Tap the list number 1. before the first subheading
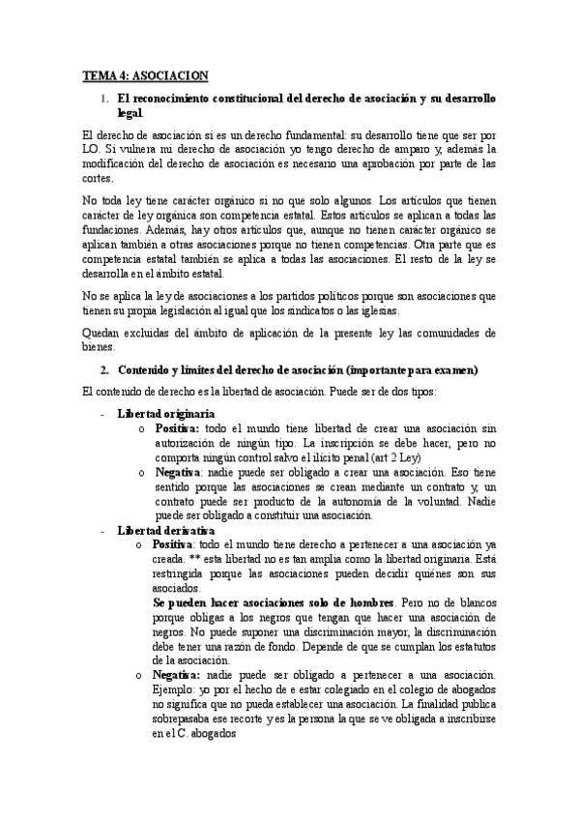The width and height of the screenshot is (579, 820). [x=104, y=99]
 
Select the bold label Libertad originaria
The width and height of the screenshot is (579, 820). [x=165, y=413]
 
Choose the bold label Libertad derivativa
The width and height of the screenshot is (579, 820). [x=166, y=531]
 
